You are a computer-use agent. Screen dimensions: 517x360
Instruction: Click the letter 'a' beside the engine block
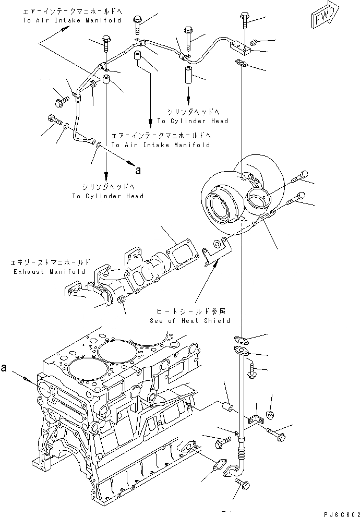[x=4, y=368]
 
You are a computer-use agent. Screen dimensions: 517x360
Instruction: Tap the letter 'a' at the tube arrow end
[x=138, y=170]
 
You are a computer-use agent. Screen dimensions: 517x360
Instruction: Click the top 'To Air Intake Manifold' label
[x=72, y=20]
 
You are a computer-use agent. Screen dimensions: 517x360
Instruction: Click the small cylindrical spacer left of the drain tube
[x=228, y=405]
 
